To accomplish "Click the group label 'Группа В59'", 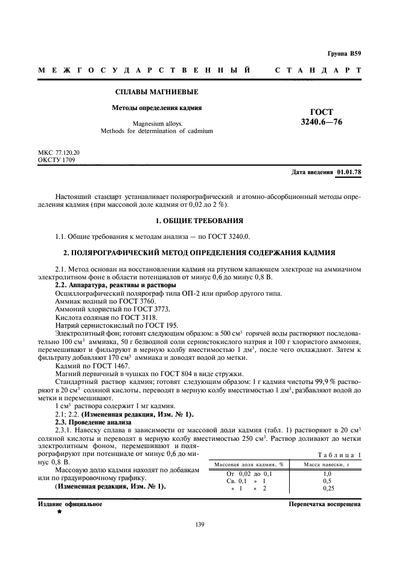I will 344,54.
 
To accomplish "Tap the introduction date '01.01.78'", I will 349,172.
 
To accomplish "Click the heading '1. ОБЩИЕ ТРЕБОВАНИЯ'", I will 199,221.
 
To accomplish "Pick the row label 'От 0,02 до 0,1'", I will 249,473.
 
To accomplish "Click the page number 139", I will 199,524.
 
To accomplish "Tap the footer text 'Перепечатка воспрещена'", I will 324,503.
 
